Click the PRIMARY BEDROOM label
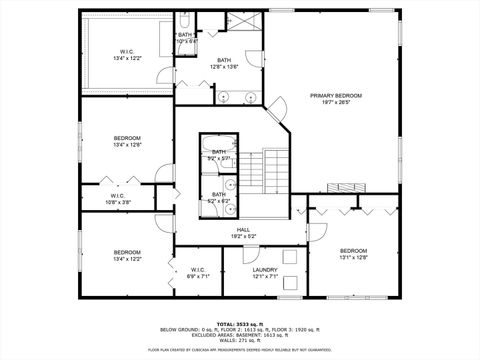[x=336, y=98]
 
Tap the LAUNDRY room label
[x=265, y=272]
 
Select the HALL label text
[x=243, y=233]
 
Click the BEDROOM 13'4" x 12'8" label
[x=127, y=141]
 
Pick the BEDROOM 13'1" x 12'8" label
[x=354, y=253]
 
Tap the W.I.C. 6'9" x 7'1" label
[x=198, y=272]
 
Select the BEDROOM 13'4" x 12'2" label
[x=127, y=255]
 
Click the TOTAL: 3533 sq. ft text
[x=239, y=324]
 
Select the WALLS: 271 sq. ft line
[x=239, y=340]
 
